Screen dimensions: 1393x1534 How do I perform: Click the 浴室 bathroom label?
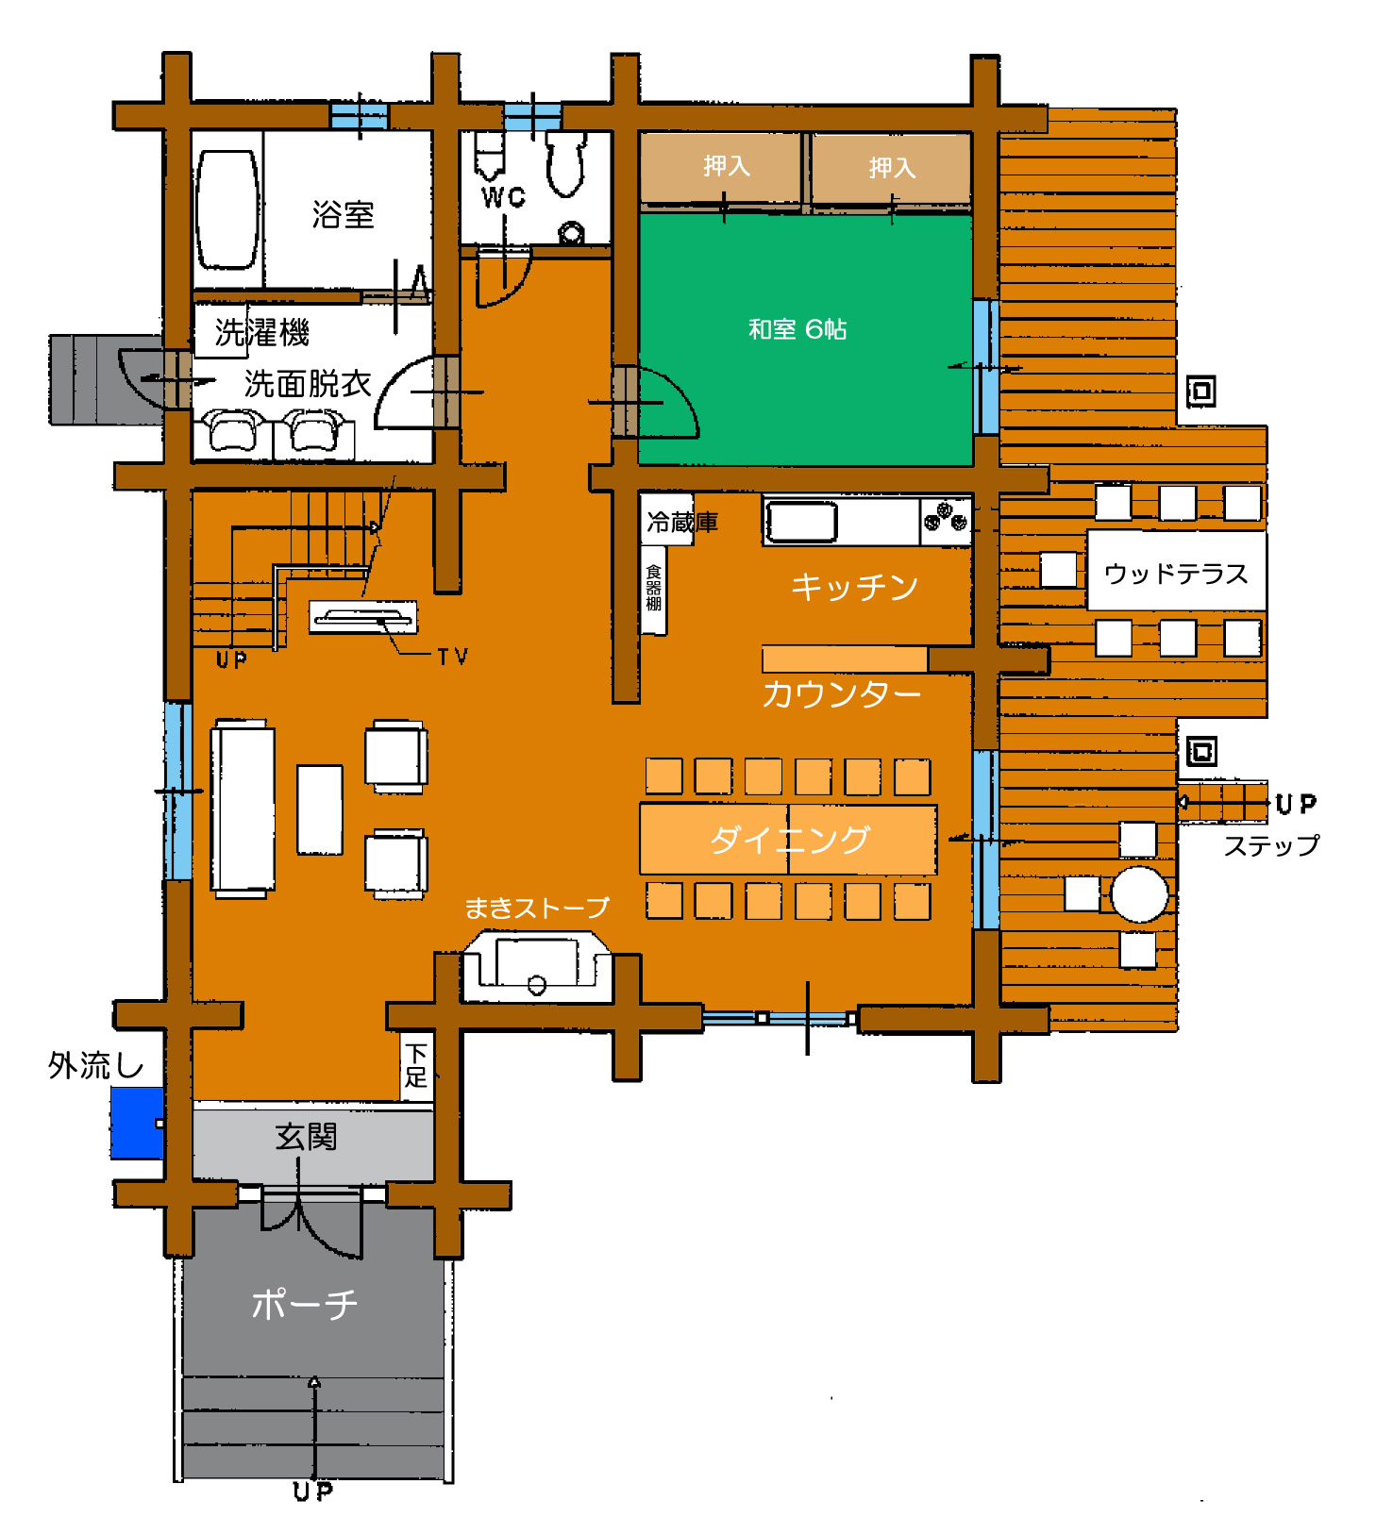(x=343, y=214)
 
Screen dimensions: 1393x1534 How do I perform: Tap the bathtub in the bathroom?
(x=227, y=209)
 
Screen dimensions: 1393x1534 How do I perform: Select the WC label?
(x=503, y=197)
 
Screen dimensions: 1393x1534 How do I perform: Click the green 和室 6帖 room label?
(x=797, y=328)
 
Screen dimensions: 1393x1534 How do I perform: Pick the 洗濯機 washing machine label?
(x=262, y=332)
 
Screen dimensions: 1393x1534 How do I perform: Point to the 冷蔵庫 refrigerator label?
(x=681, y=522)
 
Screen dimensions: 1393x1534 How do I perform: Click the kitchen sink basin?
(x=801, y=522)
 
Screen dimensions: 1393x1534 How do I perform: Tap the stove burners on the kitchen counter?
(x=946, y=517)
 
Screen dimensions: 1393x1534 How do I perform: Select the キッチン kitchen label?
(x=854, y=587)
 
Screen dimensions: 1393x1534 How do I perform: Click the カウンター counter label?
(x=841, y=694)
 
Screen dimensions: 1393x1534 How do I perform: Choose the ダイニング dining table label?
(x=789, y=838)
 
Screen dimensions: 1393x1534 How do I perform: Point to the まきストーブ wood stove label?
(x=537, y=908)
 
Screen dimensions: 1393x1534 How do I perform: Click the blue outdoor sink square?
(x=138, y=1123)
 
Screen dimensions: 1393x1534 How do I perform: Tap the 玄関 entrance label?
(x=306, y=1137)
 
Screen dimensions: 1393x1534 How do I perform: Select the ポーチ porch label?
(x=304, y=1305)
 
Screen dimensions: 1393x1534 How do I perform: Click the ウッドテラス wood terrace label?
(x=1176, y=574)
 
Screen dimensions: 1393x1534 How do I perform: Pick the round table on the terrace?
(x=1139, y=893)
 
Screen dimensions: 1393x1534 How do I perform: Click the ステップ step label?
(x=1271, y=845)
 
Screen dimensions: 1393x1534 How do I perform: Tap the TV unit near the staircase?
(x=363, y=617)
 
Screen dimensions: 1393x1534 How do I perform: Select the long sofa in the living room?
(x=243, y=808)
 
